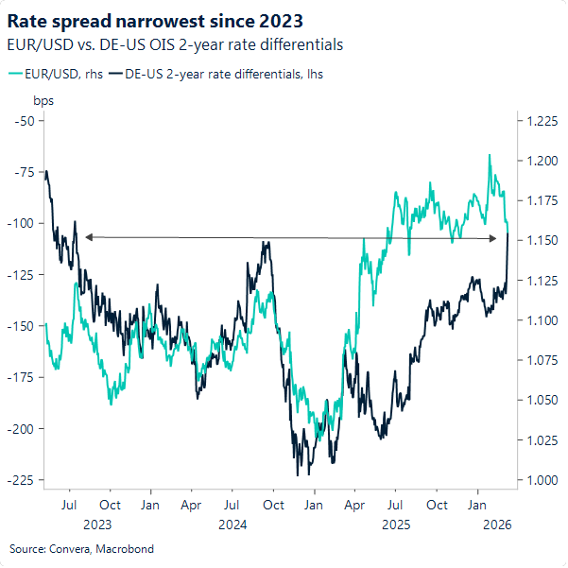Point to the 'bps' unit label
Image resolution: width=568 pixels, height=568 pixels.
point(44,99)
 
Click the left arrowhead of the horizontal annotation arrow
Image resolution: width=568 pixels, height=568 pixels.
point(87,237)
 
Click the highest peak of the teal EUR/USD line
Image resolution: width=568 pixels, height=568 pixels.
point(490,155)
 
